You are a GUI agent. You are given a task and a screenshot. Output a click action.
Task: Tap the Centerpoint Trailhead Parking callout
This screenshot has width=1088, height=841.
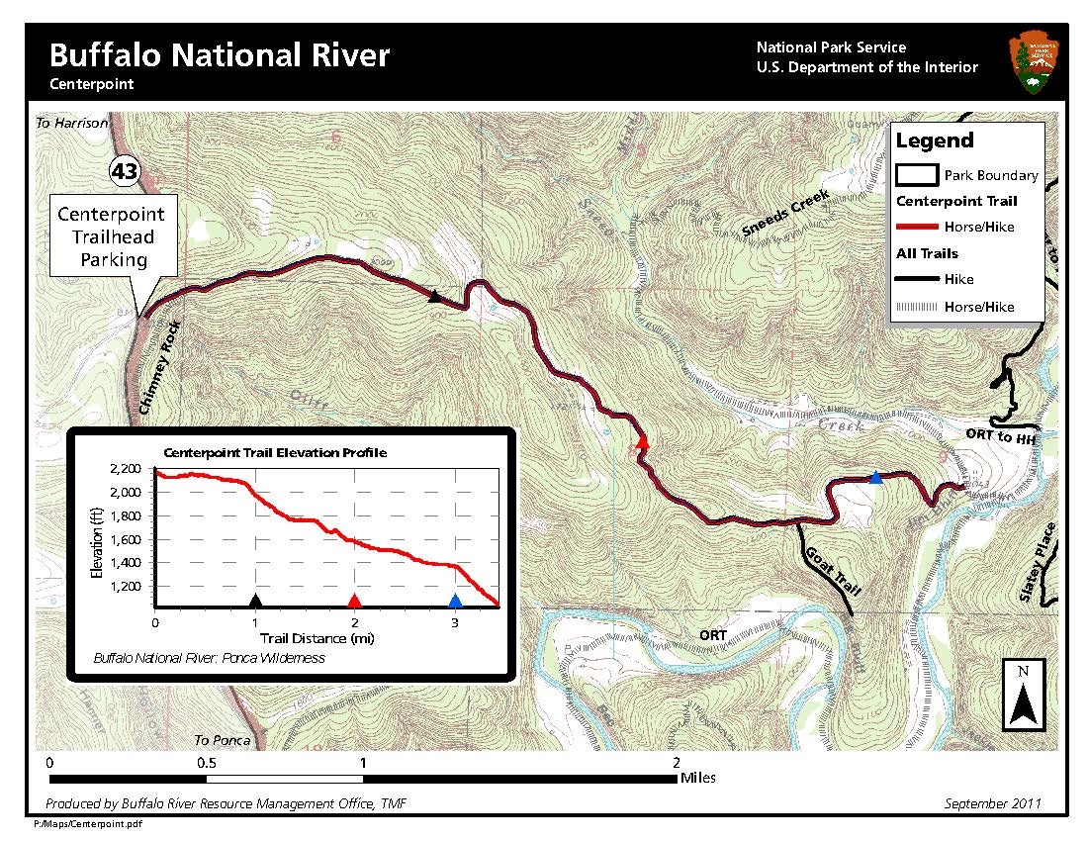111,237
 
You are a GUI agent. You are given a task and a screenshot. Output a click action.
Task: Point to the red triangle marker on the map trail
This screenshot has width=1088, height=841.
642,442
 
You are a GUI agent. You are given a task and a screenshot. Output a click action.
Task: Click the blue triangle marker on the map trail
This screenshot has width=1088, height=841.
875,478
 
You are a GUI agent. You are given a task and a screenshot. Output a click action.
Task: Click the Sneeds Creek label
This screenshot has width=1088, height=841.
783,214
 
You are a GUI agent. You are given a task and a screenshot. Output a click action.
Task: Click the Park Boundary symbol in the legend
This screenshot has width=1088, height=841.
916,175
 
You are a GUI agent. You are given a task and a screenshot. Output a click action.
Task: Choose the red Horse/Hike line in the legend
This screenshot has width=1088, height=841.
916,227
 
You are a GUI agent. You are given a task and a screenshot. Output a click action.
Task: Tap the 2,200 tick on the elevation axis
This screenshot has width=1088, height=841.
125,468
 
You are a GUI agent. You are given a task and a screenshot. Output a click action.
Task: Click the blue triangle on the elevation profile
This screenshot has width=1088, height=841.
455,601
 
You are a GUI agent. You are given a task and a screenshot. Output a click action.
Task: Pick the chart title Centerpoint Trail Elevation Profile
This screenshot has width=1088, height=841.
274,452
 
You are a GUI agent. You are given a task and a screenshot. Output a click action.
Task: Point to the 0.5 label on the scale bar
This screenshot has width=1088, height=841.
207,763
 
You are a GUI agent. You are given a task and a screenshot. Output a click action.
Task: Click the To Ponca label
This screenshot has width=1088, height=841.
217,740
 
